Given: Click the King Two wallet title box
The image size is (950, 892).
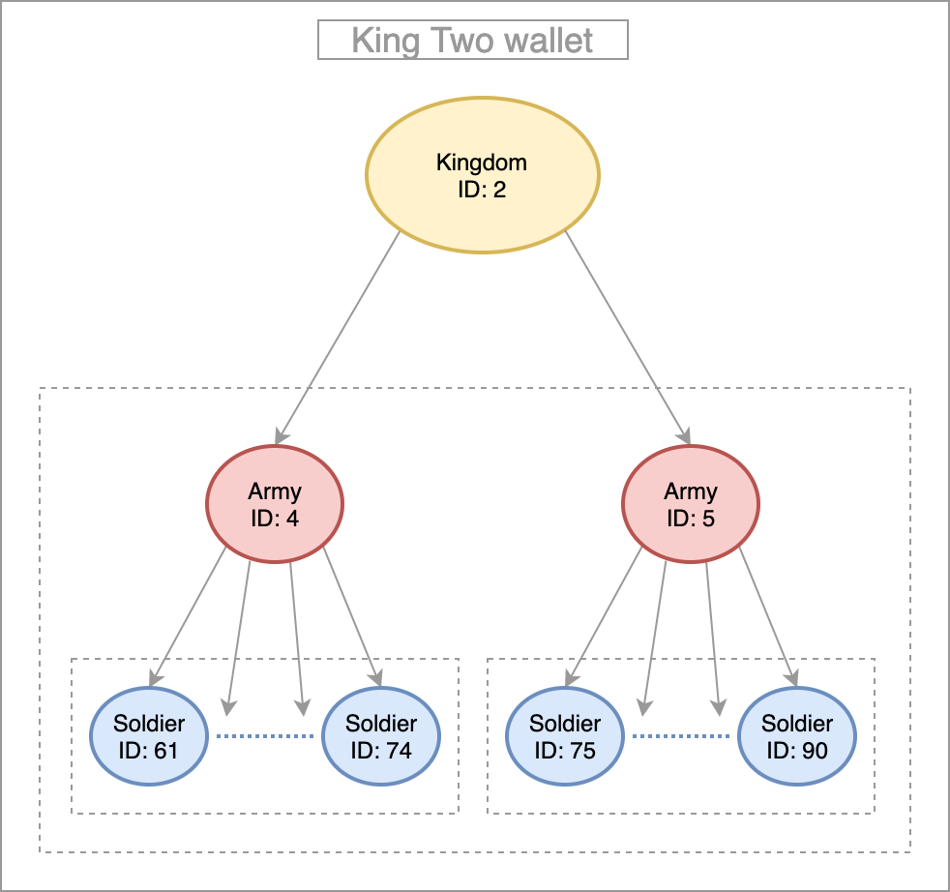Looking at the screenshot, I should (473, 41).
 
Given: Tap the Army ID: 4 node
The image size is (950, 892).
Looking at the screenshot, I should (275, 505).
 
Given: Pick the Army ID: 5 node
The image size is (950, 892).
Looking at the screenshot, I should (691, 505).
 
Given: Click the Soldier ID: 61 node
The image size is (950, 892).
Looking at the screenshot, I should (149, 736).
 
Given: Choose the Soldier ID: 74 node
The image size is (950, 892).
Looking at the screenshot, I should (381, 736).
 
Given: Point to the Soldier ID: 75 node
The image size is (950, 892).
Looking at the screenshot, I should (565, 736).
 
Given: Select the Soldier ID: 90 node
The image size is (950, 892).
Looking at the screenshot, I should (797, 736).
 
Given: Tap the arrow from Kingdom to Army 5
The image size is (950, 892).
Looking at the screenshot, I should (627, 338).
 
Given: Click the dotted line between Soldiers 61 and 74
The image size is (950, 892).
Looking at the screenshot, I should (265, 737).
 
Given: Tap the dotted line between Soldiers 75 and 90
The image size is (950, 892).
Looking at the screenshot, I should (681, 737).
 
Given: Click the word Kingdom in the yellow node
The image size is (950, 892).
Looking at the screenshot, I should (482, 162).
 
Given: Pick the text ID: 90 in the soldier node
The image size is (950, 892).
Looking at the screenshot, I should (797, 750).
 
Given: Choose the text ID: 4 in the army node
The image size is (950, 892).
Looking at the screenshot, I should (275, 518).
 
